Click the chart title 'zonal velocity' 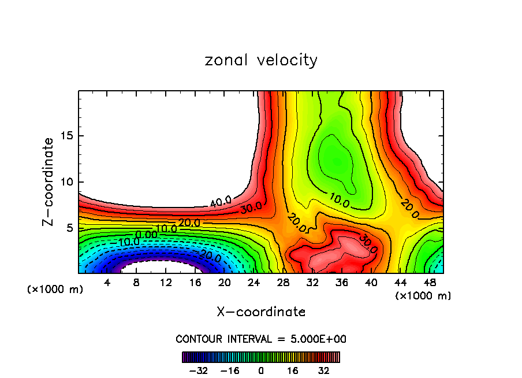tap(261, 60)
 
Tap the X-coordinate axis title tap(261, 312)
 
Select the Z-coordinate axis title tap(49, 181)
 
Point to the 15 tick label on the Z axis tap(66, 136)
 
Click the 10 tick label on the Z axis tap(66, 182)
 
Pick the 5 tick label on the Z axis tap(69, 228)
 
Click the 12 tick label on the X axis tap(166, 283)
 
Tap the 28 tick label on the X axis tap(283, 283)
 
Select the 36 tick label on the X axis tap(341, 283)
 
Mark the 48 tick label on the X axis tap(429, 283)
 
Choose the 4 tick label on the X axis tap(107, 283)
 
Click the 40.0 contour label tap(220, 201)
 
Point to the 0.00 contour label tap(146, 234)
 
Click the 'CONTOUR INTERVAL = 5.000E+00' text tap(261, 339)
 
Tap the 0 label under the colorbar tap(261, 370)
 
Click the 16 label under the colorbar tap(293, 370)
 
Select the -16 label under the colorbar tap(229, 370)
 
